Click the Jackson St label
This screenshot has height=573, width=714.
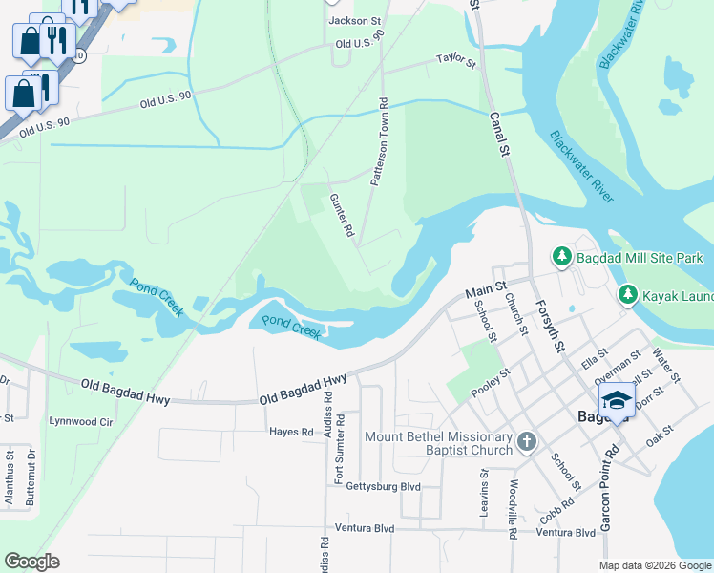tap(354, 20)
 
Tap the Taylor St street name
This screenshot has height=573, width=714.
tap(455, 60)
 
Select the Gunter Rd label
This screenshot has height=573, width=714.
tap(342, 215)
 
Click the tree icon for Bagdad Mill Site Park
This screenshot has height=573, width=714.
tap(562, 257)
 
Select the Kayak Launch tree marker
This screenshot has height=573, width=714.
tap(627, 295)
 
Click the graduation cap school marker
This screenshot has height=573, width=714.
tap(617, 401)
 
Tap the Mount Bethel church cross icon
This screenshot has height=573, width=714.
tap(528, 442)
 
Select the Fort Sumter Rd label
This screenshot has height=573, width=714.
tap(339, 451)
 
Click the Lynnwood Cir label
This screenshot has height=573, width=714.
tap(81, 420)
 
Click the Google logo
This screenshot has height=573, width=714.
tap(31, 562)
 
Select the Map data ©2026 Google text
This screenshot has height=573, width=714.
tap(655, 565)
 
